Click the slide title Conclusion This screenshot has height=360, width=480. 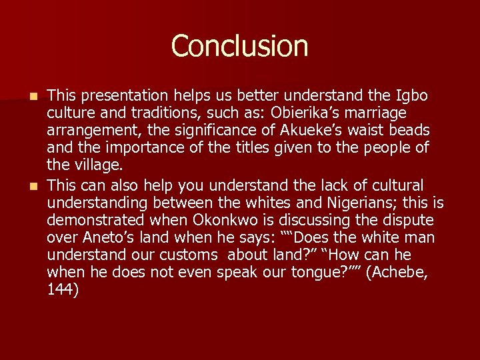(239, 47)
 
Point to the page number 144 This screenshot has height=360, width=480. (63, 289)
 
